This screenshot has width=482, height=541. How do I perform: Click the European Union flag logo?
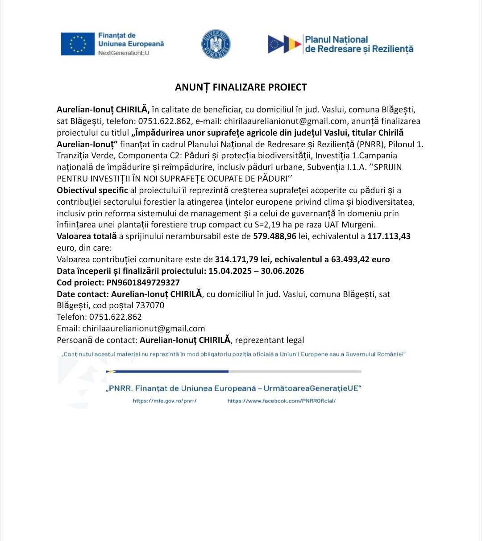78,44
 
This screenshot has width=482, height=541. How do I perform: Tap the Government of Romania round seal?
216,44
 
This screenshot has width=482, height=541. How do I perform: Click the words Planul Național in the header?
337,40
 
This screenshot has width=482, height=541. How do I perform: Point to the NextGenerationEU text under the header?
124,53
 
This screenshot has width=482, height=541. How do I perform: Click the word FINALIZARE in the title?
238,87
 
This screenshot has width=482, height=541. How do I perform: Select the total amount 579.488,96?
274,236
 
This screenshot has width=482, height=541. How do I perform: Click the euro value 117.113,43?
389,236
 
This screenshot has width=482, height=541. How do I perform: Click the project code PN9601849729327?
143,283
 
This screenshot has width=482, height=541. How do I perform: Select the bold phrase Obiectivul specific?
92,190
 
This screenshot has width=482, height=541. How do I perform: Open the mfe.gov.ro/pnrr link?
165,401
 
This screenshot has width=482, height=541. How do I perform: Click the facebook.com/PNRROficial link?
281,401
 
